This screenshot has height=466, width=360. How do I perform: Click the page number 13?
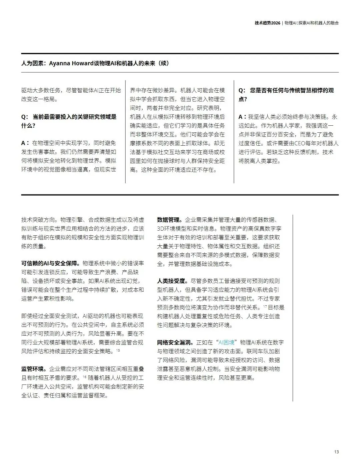click(336, 452)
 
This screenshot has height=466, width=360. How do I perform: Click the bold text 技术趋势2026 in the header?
click(267, 23)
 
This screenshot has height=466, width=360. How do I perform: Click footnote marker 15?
click(118, 350)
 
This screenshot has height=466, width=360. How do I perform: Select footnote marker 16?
click(85, 377)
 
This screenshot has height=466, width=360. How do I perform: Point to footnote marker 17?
click(265, 306)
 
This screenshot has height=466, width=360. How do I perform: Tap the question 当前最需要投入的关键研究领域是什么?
click(69, 121)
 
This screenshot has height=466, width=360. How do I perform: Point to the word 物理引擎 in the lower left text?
click(71, 220)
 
